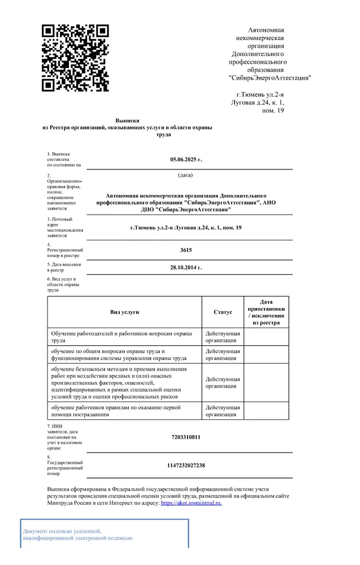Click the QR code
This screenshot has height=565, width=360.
pos(76,58)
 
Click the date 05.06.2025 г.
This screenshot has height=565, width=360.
pos(186,159)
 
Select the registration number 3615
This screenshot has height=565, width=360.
pos(186,249)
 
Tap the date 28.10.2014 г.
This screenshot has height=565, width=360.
pos(186,267)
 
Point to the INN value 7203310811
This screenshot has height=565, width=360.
pos(186,437)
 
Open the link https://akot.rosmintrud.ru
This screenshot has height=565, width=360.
pos(192,502)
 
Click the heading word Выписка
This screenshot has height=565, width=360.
pos(127,120)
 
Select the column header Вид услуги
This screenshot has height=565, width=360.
pos(124,312)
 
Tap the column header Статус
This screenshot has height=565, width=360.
pos(223,312)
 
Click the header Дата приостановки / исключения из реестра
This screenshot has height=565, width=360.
pos(266,312)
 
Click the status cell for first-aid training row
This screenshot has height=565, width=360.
pos(223,411)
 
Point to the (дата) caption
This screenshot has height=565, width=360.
pos(185,175)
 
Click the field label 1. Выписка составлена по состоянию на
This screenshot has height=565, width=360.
pos(64,159)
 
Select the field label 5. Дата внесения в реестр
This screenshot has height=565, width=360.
pos(64,267)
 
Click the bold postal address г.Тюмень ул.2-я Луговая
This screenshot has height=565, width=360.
pos(186,227)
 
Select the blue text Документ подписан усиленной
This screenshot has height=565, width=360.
pos(62,531)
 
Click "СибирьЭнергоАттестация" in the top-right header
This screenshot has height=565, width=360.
pos(270,78)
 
